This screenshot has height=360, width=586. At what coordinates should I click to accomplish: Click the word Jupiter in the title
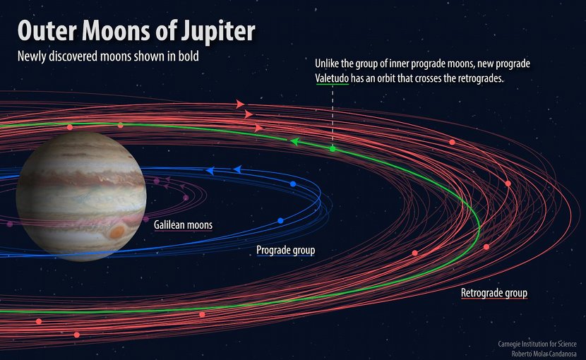click(218, 30)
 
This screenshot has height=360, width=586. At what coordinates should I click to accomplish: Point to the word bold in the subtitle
click(189, 56)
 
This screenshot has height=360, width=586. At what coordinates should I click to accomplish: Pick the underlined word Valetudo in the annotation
click(332, 78)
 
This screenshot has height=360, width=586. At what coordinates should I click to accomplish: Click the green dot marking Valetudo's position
click(333, 149)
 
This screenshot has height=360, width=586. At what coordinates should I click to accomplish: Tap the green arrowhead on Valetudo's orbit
click(295, 142)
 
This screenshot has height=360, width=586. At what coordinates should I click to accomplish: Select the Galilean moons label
click(183, 224)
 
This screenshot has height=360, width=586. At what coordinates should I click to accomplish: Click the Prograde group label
click(285, 250)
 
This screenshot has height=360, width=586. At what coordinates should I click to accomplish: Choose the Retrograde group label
click(494, 293)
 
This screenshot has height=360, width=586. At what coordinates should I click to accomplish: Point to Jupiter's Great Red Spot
click(117, 232)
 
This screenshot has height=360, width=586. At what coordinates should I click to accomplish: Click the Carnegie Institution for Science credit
click(537, 344)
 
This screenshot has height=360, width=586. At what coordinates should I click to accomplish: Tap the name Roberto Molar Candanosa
click(544, 353)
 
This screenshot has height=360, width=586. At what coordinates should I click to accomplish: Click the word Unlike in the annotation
click(327, 64)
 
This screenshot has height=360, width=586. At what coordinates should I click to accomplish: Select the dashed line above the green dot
click(333, 116)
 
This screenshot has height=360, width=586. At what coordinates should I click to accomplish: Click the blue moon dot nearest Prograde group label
click(280, 221)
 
